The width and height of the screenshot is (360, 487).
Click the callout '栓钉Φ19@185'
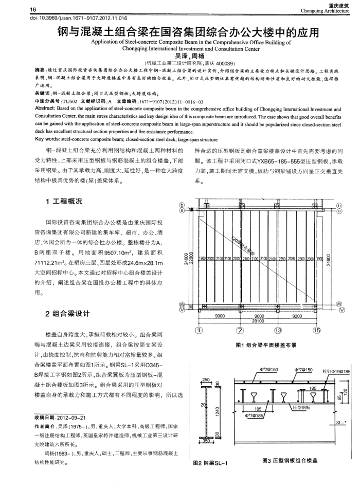(x=336, y=371)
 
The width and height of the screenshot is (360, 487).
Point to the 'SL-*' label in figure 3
(x=339, y=422)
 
